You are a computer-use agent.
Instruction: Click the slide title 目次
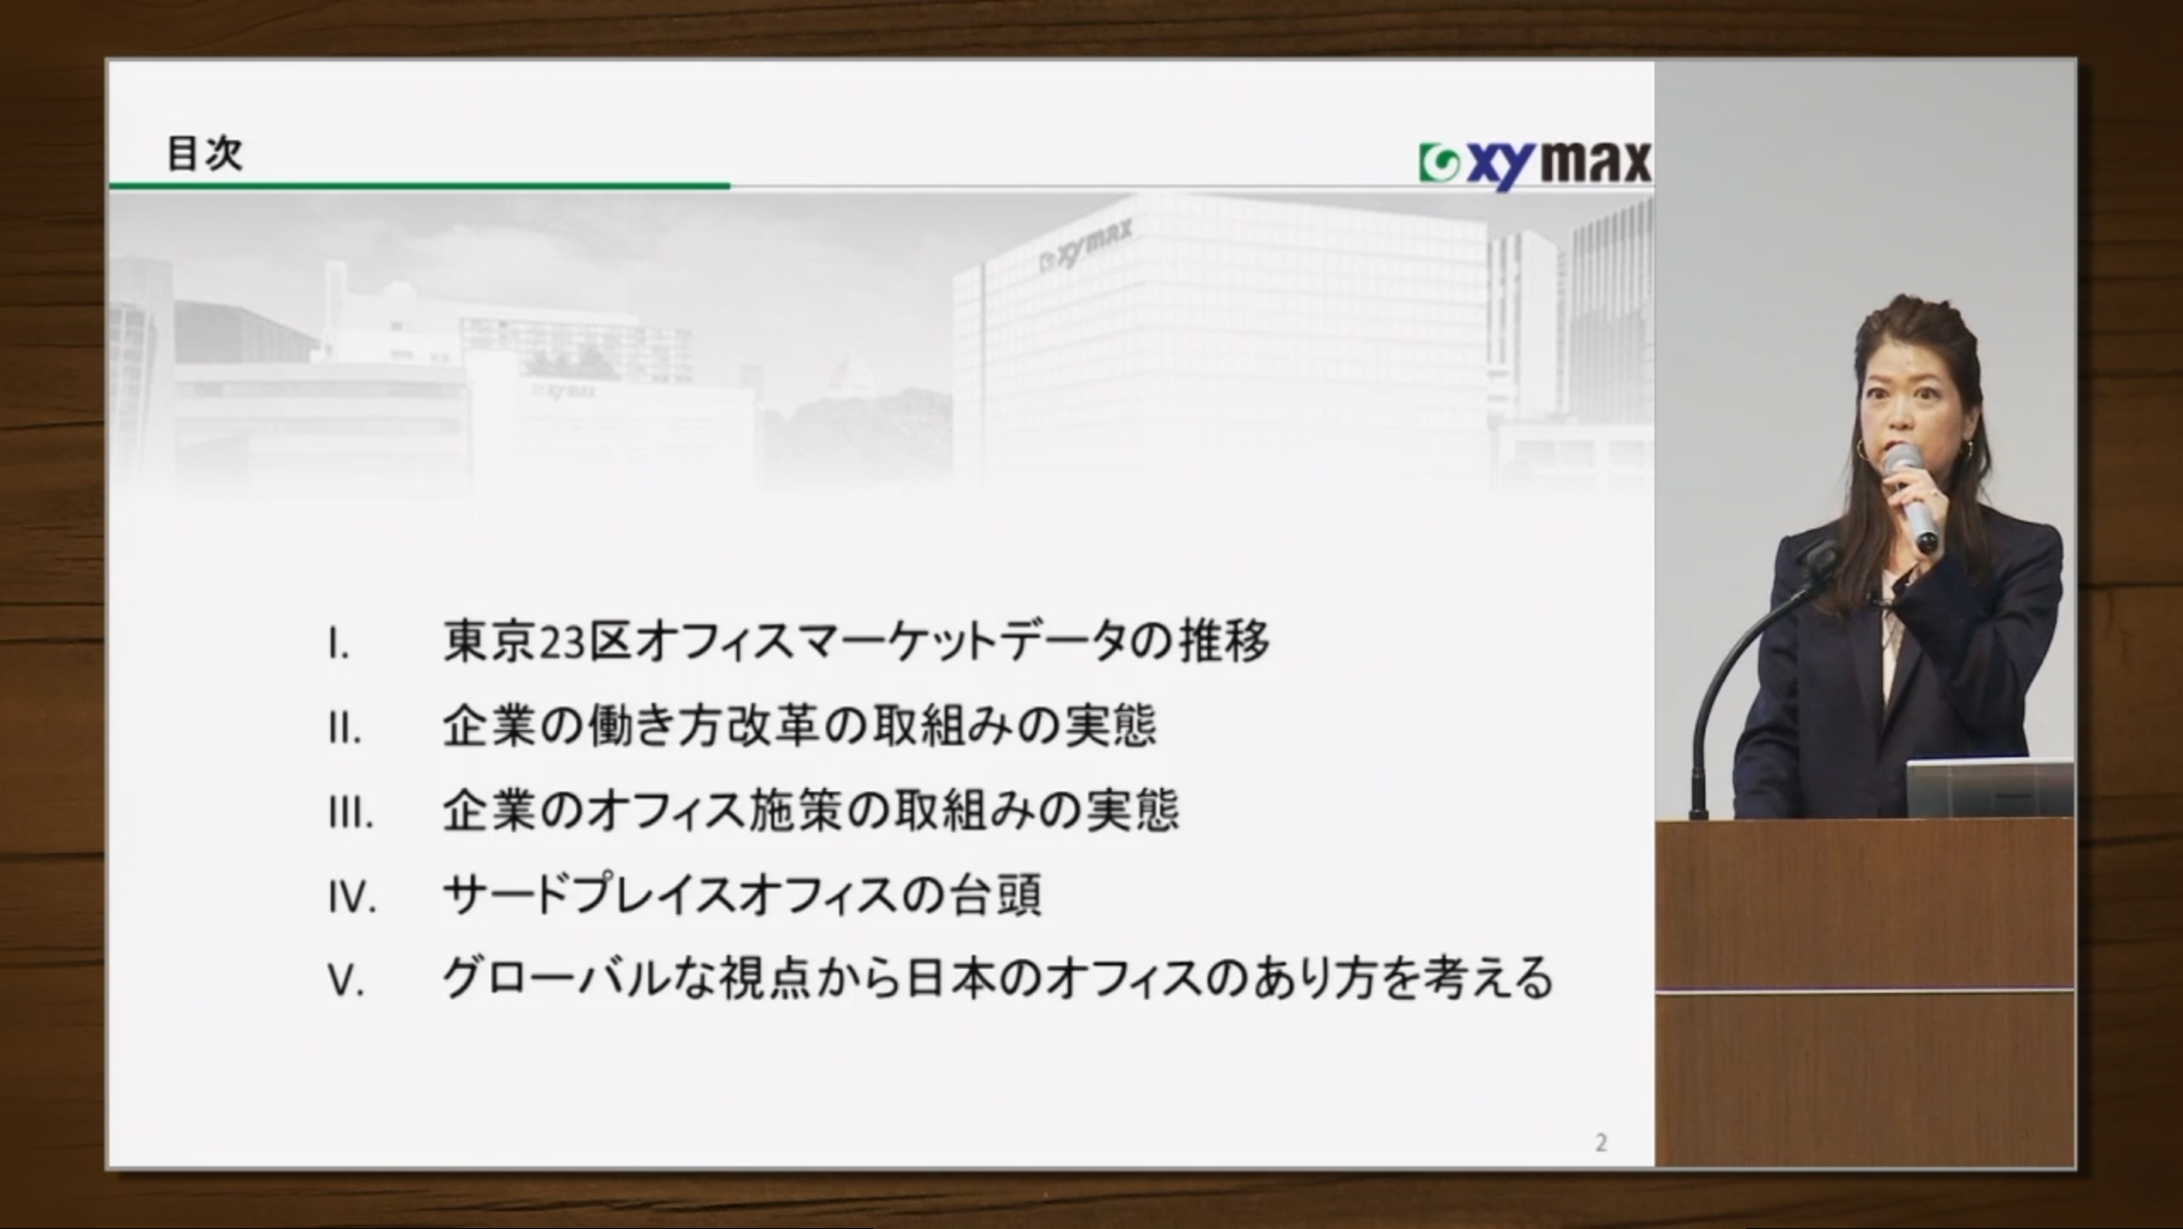click(x=205, y=154)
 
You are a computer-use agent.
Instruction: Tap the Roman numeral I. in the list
click(x=339, y=646)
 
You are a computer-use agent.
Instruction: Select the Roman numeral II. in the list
click(x=345, y=731)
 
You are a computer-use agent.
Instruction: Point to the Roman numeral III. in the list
click(x=350, y=815)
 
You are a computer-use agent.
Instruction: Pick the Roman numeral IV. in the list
click(x=352, y=898)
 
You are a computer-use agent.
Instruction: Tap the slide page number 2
click(x=1601, y=1143)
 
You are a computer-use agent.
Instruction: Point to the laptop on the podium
click(x=1989, y=789)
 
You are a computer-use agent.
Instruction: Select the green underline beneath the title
click(x=420, y=184)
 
